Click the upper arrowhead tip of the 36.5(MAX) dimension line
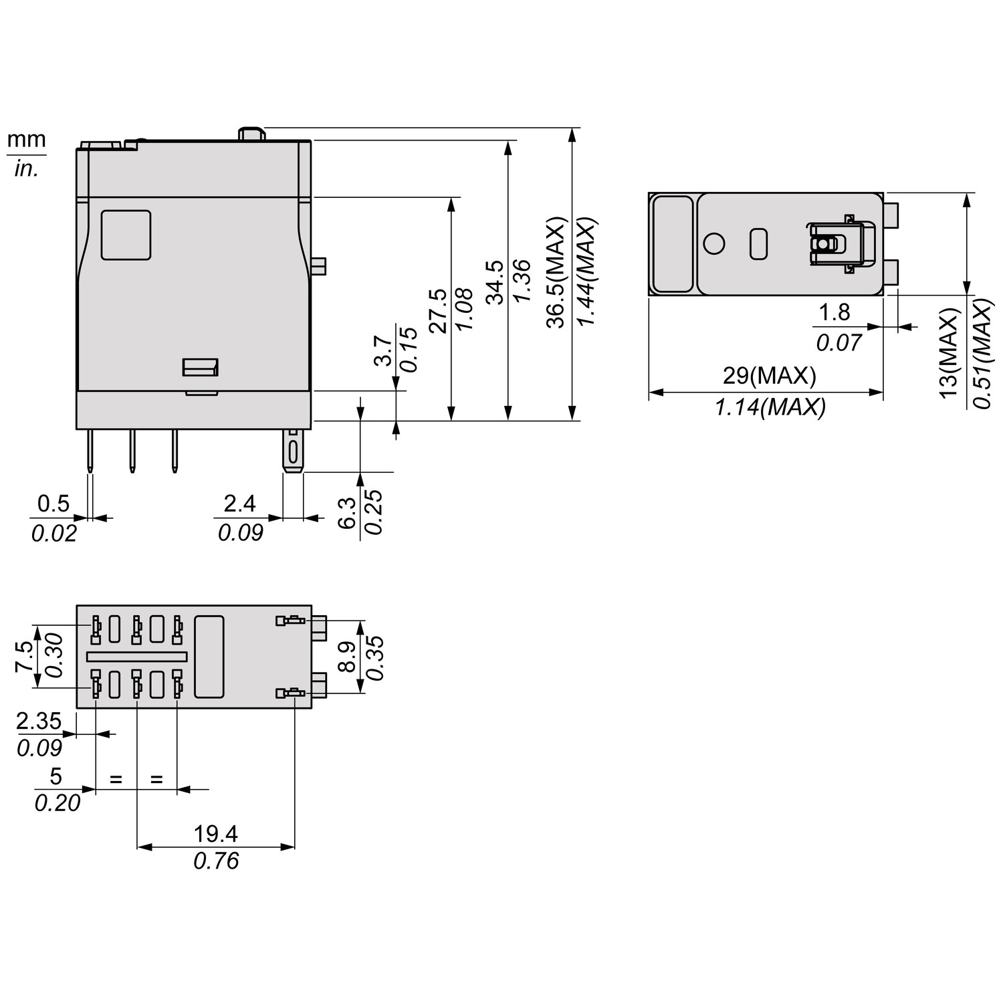tap(571, 127)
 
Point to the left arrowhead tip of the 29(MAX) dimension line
tap(649, 393)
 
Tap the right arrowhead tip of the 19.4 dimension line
tap(295, 847)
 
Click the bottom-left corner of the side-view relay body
tap(76, 428)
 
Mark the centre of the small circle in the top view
tap(714, 243)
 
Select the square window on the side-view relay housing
tap(126, 235)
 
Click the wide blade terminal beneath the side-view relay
tap(293, 451)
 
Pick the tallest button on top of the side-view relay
tap(251, 133)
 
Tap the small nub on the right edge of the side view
tap(319, 266)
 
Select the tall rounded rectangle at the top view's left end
tap(673, 244)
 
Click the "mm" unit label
tap(27, 140)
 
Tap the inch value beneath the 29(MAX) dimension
tap(770, 406)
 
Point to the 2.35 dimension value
tap(39, 721)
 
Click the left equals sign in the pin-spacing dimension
tap(116, 779)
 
